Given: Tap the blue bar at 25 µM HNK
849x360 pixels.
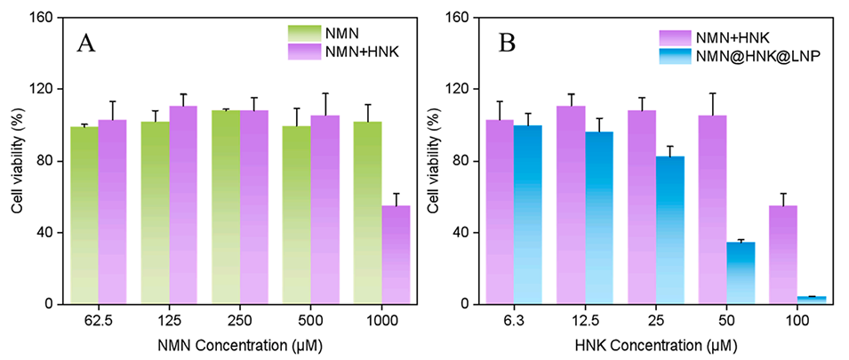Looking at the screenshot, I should click(670, 230).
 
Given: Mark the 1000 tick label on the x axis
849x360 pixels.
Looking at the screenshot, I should click(382, 319).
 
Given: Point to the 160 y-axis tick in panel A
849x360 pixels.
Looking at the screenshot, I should click(44, 18).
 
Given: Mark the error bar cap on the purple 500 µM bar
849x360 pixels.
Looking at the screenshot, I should click(325, 93).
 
